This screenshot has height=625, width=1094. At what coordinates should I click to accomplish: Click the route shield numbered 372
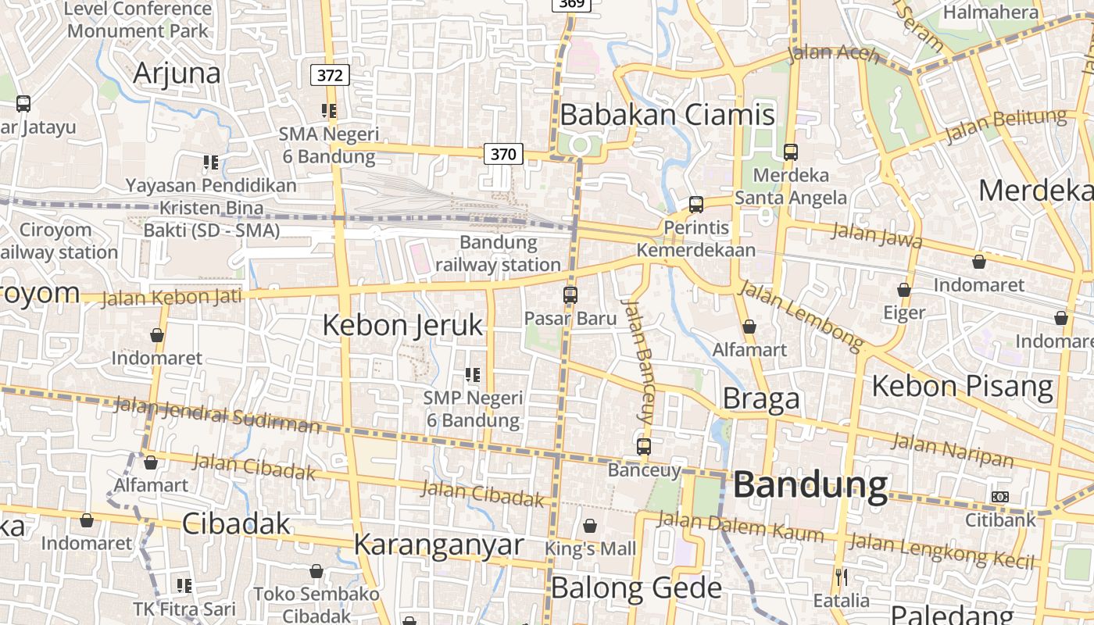pyautogui.click(x=330, y=76)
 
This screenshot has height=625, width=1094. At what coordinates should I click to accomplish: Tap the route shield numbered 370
pyautogui.click(x=503, y=154)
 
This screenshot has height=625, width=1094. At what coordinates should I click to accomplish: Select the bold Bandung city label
pyautogui.click(x=810, y=485)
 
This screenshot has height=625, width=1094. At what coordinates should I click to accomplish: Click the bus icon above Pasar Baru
pyautogui.click(x=570, y=295)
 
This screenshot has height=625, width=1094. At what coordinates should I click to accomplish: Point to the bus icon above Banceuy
pyautogui.click(x=643, y=447)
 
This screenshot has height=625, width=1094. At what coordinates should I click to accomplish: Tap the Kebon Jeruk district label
pyautogui.click(x=403, y=325)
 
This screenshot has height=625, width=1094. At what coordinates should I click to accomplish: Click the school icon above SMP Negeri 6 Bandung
pyautogui.click(x=472, y=375)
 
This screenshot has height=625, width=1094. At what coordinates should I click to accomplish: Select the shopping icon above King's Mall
pyautogui.click(x=590, y=526)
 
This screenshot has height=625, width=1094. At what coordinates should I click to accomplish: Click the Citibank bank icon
pyautogui.click(x=999, y=497)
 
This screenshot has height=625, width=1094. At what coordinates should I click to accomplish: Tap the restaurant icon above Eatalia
pyautogui.click(x=842, y=577)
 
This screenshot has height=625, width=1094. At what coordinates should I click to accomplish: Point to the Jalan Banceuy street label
pyautogui.click(x=637, y=361)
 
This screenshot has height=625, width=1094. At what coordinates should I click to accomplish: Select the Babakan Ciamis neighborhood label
pyautogui.click(x=667, y=115)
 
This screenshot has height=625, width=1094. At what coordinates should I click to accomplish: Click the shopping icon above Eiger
pyautogui.click(x=904, y=290)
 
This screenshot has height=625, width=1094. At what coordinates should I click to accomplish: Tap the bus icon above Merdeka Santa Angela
pyautogui.click(x=791, y=152)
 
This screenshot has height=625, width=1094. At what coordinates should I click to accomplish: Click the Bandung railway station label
pyautogui.click(x=498, y=253)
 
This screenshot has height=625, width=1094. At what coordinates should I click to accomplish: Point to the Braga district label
pyautogui.click(x=761, y=398)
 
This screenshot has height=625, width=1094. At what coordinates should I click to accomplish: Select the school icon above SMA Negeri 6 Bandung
pyautogui.click(x=329, y=111)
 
